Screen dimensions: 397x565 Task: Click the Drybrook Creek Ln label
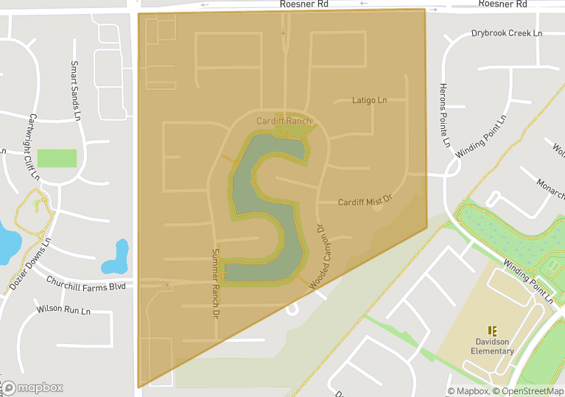(506, 34)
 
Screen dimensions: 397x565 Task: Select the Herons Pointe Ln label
(444, 115)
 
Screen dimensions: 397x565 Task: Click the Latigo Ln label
(369, 100)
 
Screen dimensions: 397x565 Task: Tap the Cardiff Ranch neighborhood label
(284, 121)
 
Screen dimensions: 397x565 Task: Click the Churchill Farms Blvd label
(86, 284)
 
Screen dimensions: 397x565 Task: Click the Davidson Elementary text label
(492, 346)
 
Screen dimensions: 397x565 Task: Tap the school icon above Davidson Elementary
(492, 331)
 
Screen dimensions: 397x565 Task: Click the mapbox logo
(32, 387)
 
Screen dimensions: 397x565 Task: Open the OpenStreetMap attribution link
(528, 391)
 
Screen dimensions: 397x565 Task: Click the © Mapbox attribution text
(468, 391)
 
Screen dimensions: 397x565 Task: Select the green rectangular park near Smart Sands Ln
(57, 158)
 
